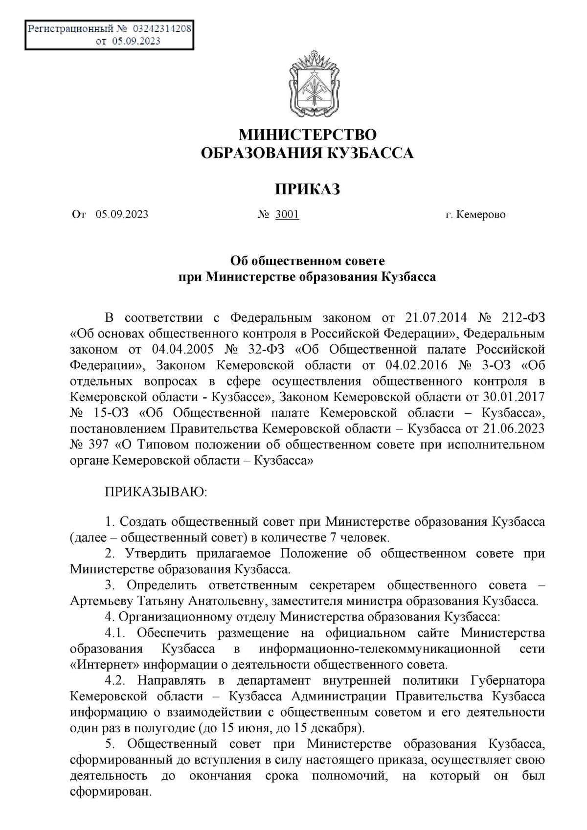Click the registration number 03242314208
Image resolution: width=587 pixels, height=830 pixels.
(162, 29)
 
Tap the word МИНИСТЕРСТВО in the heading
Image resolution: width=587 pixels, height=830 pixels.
(308, 134)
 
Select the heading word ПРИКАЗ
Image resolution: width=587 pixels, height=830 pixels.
(307, 189)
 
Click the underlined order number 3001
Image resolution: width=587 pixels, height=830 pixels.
(287, 214)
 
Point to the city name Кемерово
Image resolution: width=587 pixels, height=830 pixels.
(481, 215)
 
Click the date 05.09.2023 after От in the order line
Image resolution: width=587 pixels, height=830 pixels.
(122, 214)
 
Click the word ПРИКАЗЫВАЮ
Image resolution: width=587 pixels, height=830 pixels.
(156, 492)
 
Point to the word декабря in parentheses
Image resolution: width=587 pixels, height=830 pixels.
(339, 728)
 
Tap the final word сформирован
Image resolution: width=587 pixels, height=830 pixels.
(109, 792)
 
